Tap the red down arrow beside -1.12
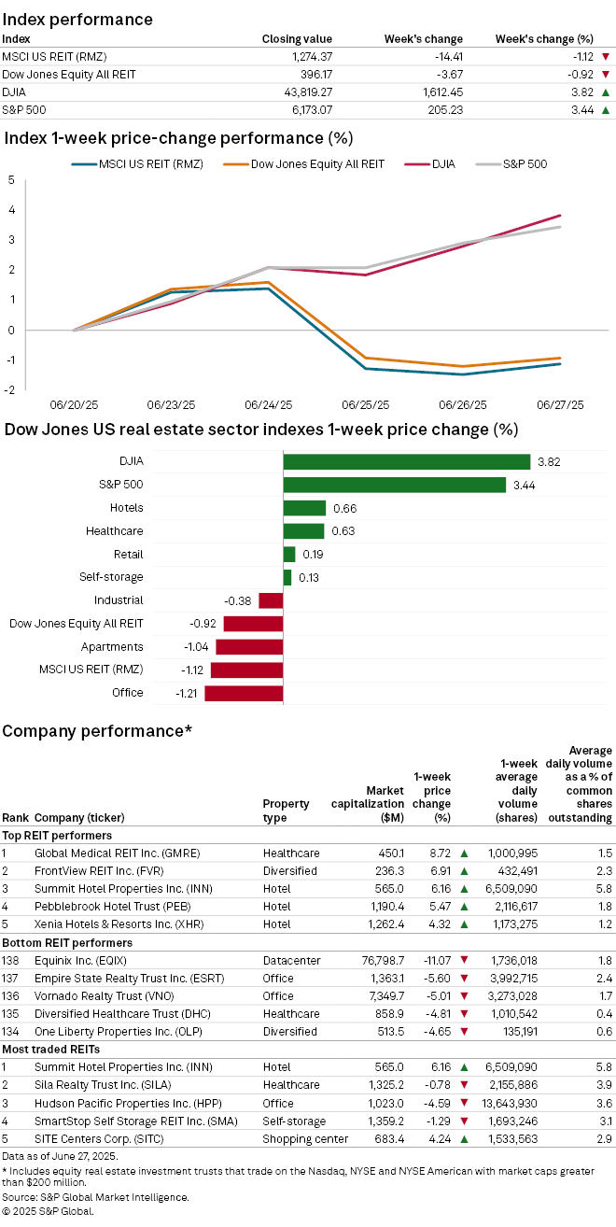pyautogui.click(x=606, y=57)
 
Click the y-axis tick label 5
pyautogui.click(x=10, y=180)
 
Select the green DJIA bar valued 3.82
pyautogui.click(x=407, y=461)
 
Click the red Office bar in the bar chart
pyautogui.click(x=244, y=693)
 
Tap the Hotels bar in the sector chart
pyautogui.click(x=304, y=508)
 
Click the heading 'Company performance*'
pyautogui.click(x=97, y=729)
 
